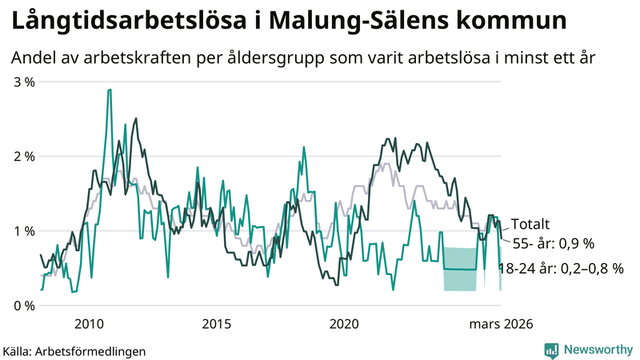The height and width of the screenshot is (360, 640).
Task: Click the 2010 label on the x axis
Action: coord(88,324)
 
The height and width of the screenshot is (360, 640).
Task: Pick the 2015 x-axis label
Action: coord(216,324)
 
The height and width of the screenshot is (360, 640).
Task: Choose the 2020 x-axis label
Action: coord(344,324)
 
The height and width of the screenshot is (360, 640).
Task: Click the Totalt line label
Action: coord(530,226)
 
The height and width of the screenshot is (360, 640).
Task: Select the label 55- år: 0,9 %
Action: coord(553,243)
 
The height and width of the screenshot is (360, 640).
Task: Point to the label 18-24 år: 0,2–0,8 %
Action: coord(560,270)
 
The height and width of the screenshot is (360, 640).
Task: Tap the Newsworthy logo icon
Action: coord(551,350)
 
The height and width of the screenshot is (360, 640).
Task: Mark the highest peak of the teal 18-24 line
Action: coord(109,90)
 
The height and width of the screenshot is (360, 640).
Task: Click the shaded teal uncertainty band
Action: coord(460,269)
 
